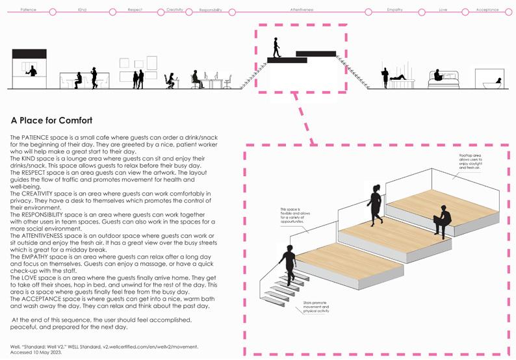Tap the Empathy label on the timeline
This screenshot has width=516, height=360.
pyautogui.click(x=394, y=10)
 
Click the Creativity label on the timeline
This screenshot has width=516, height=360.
pyautogui.click(x=175, y=10)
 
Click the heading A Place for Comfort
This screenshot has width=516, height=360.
pyautogui.click(x=51, y=121)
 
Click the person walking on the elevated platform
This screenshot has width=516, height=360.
pyautogui.click(x=277, y=47)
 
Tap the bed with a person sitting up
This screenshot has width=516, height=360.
pyautogui.click(x=443, y=79)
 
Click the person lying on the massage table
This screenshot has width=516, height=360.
pyautogui.click(x=398, y=79)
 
